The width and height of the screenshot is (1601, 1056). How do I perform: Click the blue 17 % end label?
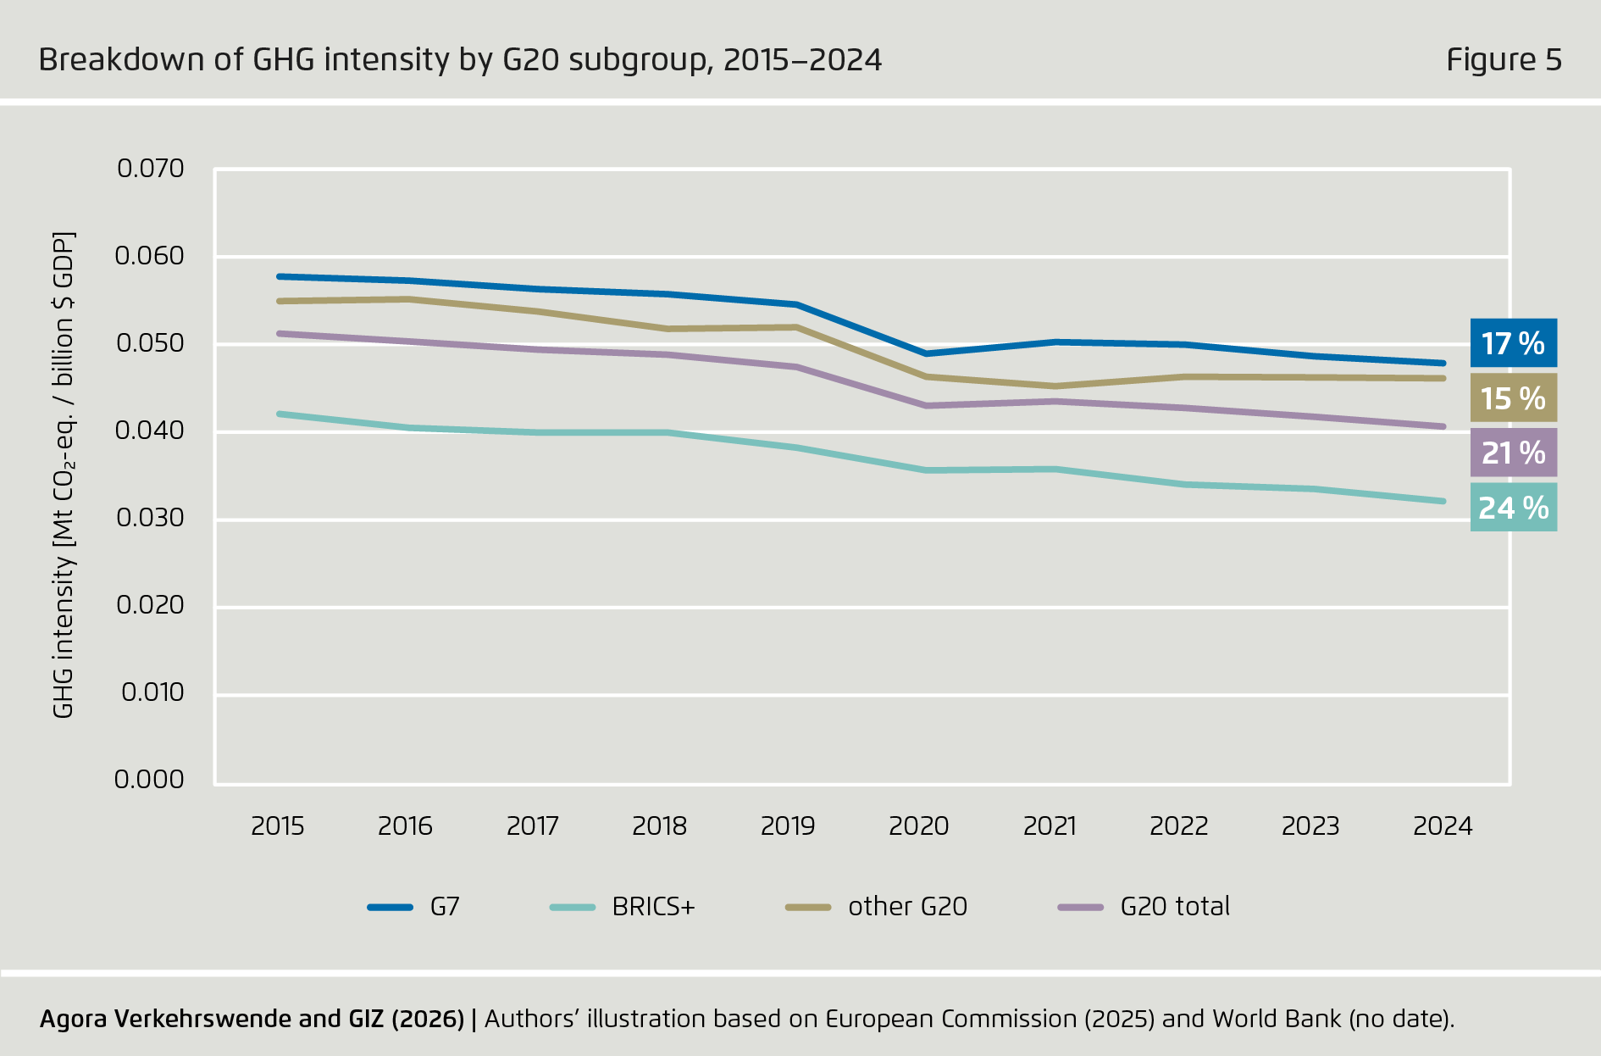point(1513,343)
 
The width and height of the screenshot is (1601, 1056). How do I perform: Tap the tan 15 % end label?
point(1513,398)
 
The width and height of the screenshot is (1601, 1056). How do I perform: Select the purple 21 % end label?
point(1513,453)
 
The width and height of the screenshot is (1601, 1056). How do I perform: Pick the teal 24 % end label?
point(1513,508)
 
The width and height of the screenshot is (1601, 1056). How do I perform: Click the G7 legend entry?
point(414,907)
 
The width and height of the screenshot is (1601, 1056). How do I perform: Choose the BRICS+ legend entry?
point(623,907)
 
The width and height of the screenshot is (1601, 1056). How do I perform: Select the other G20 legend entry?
point(877,907)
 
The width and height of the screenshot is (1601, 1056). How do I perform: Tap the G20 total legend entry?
point(1144,907)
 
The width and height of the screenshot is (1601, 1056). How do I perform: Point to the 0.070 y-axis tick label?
point(150,169)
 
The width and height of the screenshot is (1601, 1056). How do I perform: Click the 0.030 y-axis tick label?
point(150,518)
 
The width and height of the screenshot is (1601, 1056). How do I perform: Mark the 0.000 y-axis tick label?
point(149,780)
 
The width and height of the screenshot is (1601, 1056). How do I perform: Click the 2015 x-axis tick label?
point(278,826)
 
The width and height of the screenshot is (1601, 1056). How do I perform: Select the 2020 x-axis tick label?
point(918,826)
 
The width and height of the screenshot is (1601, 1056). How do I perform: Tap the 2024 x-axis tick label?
point(1443,826)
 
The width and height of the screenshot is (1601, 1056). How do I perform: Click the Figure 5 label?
point(1504,60)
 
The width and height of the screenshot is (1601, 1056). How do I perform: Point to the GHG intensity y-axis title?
point(64,475)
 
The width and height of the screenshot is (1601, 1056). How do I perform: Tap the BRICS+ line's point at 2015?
point(280,414)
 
